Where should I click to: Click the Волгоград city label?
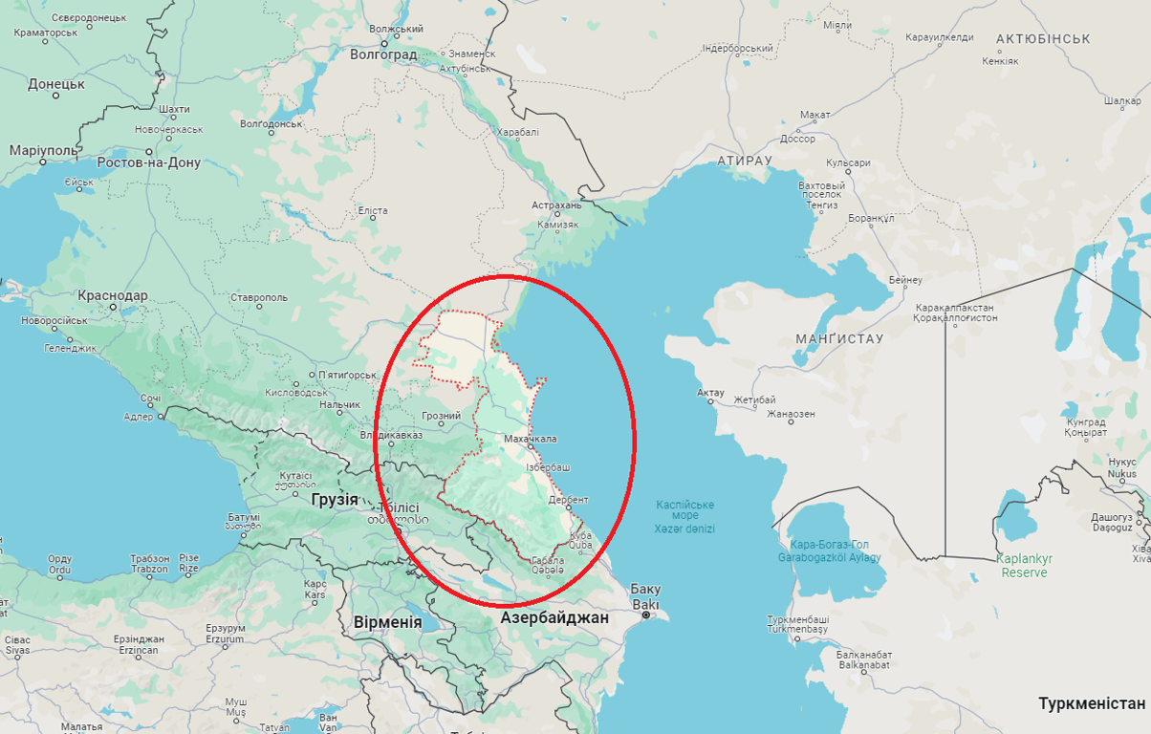tap(383, 54)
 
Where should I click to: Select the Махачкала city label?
tap(530, 439)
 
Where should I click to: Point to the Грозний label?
tap(441, 416)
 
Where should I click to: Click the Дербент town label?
tap(569, 500)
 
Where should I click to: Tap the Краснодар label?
tap(113, 295)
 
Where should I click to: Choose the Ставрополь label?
tap(258, 297)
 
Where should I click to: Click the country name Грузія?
tap(335, 499)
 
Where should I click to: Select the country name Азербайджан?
tap(554, 617)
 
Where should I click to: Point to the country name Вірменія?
tap(387, 621)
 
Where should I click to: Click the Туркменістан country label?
tap(1092, 703)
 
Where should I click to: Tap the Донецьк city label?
tap(56, 84)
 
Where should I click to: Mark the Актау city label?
tap(710, 393)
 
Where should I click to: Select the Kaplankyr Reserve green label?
tap(1024, 566)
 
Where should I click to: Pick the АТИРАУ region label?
tap(743, 161)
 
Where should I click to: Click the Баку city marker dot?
tap(646, 615)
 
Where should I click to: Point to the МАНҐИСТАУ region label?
tap(839, 339)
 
